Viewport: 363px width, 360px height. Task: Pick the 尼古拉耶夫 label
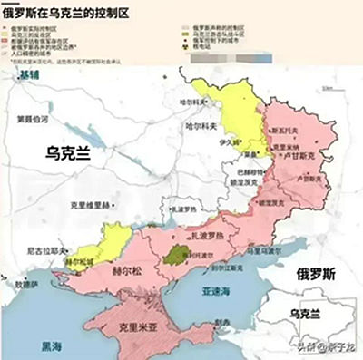44,250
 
